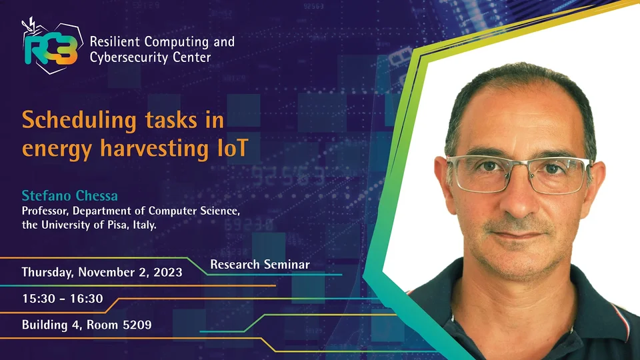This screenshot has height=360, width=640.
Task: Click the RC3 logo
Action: (x=52, y=46)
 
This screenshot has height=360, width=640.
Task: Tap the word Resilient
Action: (x=115, y=41)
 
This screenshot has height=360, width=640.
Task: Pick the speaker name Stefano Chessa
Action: (x=70, y=195)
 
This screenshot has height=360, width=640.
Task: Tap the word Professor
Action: (x=45, y=211)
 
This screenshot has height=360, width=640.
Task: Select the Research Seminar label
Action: (x=260, y=265)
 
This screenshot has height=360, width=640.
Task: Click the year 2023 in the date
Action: (x=168, y=272)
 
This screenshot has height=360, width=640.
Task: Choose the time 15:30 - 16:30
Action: (x=63, y=299)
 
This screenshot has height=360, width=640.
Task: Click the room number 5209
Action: (x=137, y=325)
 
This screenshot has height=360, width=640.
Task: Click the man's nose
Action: (x=519, y=195)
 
